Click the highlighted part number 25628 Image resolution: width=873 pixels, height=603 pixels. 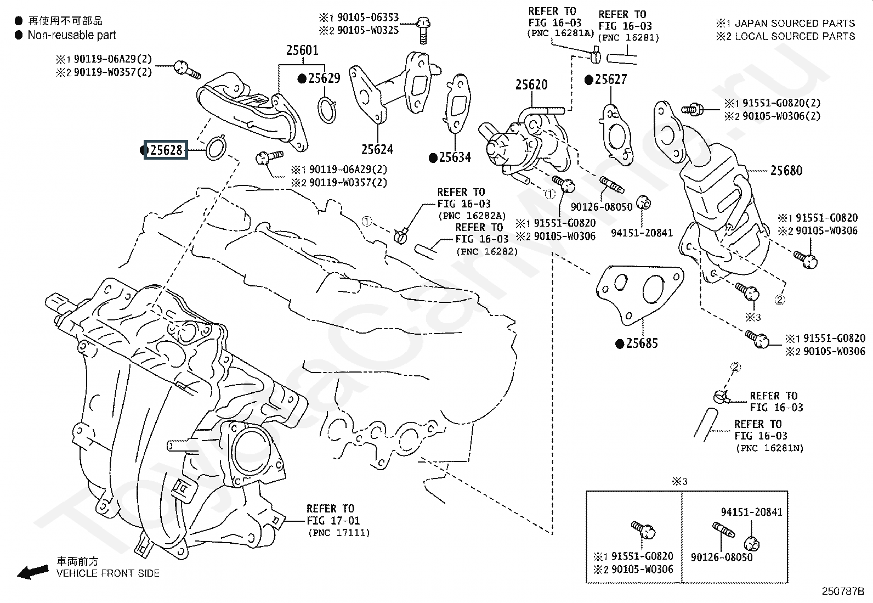click(166, 150)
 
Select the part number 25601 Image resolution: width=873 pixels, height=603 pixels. click(302, 50)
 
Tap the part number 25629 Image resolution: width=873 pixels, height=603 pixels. click(324, 78)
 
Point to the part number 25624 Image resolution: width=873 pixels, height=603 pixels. click(377, 149)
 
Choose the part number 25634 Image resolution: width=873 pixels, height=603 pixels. click(455, 158)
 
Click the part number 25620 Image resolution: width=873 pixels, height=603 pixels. click(531, 85)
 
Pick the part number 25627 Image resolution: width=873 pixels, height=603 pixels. click(610, 80)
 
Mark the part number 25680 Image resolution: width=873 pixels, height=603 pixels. click(786, 171)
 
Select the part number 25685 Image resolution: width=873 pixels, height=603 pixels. click(642, 343)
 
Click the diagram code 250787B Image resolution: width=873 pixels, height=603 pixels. click(842, 591)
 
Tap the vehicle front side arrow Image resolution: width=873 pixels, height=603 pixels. click(33, 572)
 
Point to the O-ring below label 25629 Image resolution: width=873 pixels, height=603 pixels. click(327, 109)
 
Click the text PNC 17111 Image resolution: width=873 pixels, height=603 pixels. click(338, 533)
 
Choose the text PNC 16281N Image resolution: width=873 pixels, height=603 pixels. click(769, 448)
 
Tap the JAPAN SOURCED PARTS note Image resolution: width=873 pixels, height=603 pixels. click(794, 24)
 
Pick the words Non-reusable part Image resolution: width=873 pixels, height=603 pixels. click(72, 35)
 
